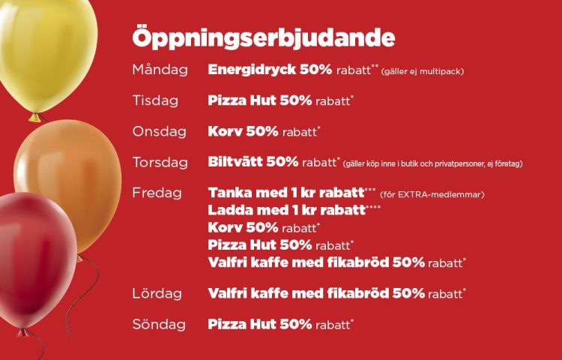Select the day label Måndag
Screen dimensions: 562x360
click(x=160, y=70)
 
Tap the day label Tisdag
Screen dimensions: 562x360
click(x=156, y=100)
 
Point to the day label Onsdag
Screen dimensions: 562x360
click(x=160, y=131)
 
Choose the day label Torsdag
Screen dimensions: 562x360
click(x=160, y=163)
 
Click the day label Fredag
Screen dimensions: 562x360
click(x=157, y=193)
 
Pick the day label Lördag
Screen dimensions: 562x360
click(x=157, y=294)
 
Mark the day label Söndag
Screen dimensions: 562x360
click(x=159, y=325)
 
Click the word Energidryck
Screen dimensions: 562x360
click(x=252, y=70)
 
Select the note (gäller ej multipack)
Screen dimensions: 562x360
click(x=422, y=71)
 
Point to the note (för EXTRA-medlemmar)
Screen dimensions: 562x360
click(x=432, y=195)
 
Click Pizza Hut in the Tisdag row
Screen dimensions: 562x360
click(x=242, y=100)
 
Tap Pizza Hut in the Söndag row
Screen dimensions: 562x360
click(x=242, y=325)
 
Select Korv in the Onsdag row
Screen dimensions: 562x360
click(x=225, y=131)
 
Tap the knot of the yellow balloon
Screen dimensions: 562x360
click(x=34, y=117)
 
